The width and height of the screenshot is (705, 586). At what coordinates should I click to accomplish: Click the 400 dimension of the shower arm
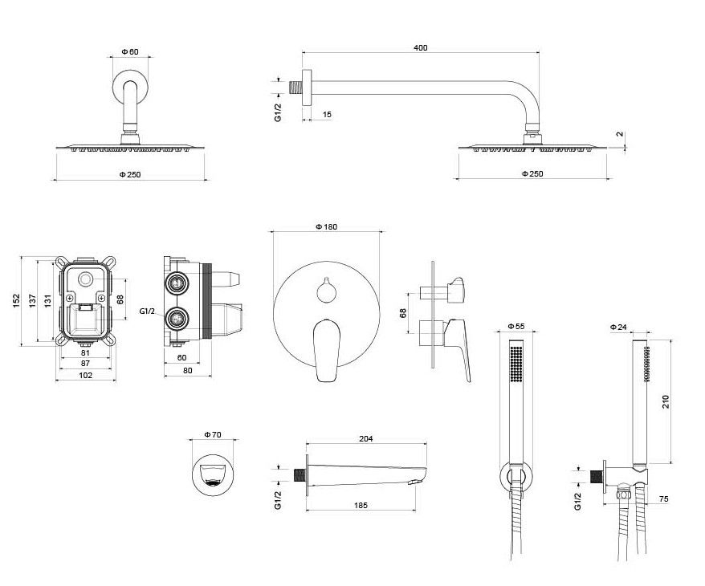click(x=420, y=47)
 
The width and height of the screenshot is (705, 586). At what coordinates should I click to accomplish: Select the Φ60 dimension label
click(x=130, y=51)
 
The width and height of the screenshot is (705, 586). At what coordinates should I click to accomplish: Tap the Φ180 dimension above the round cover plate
click(x=326, y=227)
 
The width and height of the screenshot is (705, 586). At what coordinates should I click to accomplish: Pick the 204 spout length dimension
click(x=366, y=439)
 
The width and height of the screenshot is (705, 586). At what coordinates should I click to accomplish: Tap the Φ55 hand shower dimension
click(x=516, y=327)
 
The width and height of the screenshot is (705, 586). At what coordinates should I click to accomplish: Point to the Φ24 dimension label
click(x=617, y=327)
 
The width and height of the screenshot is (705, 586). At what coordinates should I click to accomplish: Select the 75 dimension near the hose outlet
click(x=663, y=499)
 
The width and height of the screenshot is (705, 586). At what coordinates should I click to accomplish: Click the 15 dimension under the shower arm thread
click(x=327, y=115)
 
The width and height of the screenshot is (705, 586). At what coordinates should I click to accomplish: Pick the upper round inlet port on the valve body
click(x=177, y=282)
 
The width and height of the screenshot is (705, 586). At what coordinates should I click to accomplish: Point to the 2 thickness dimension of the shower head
click(x=619, y=135)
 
